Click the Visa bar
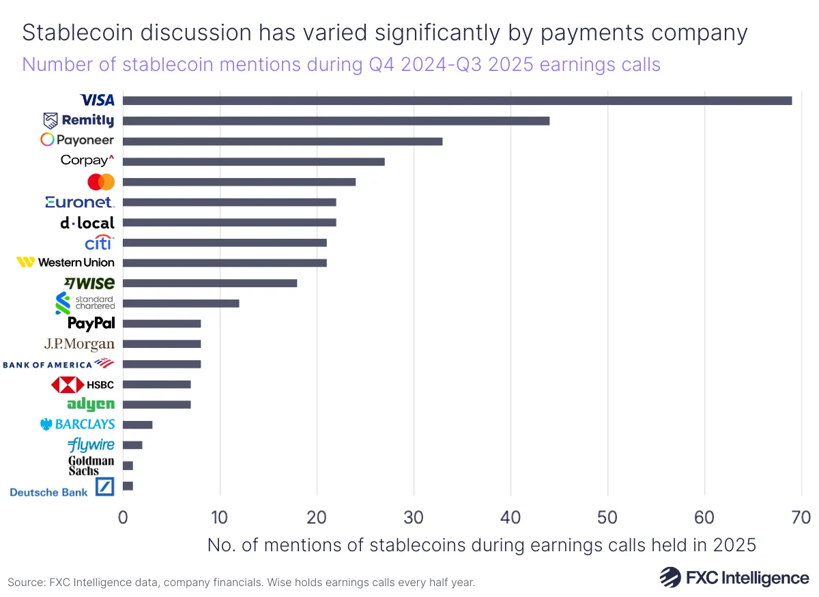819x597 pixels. point(457,101)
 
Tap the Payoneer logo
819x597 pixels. point(77,141)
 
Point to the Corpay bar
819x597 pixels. point(253,162)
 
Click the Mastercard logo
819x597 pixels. point(101,182)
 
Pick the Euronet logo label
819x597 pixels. point(80,202)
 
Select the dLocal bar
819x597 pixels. point(229,222)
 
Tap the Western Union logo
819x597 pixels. point(66,263)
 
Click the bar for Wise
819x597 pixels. point(210,283)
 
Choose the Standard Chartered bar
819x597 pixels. point(181,303)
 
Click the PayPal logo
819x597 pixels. point(91,323)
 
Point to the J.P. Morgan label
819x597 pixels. point(79,344)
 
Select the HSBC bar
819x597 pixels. point(156,384)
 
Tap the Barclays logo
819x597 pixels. point(78,424)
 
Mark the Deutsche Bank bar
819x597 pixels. point(128,486)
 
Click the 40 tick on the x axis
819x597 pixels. point(511,518)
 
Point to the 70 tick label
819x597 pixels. point(801,518)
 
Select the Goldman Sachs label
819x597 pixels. point(91,466)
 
